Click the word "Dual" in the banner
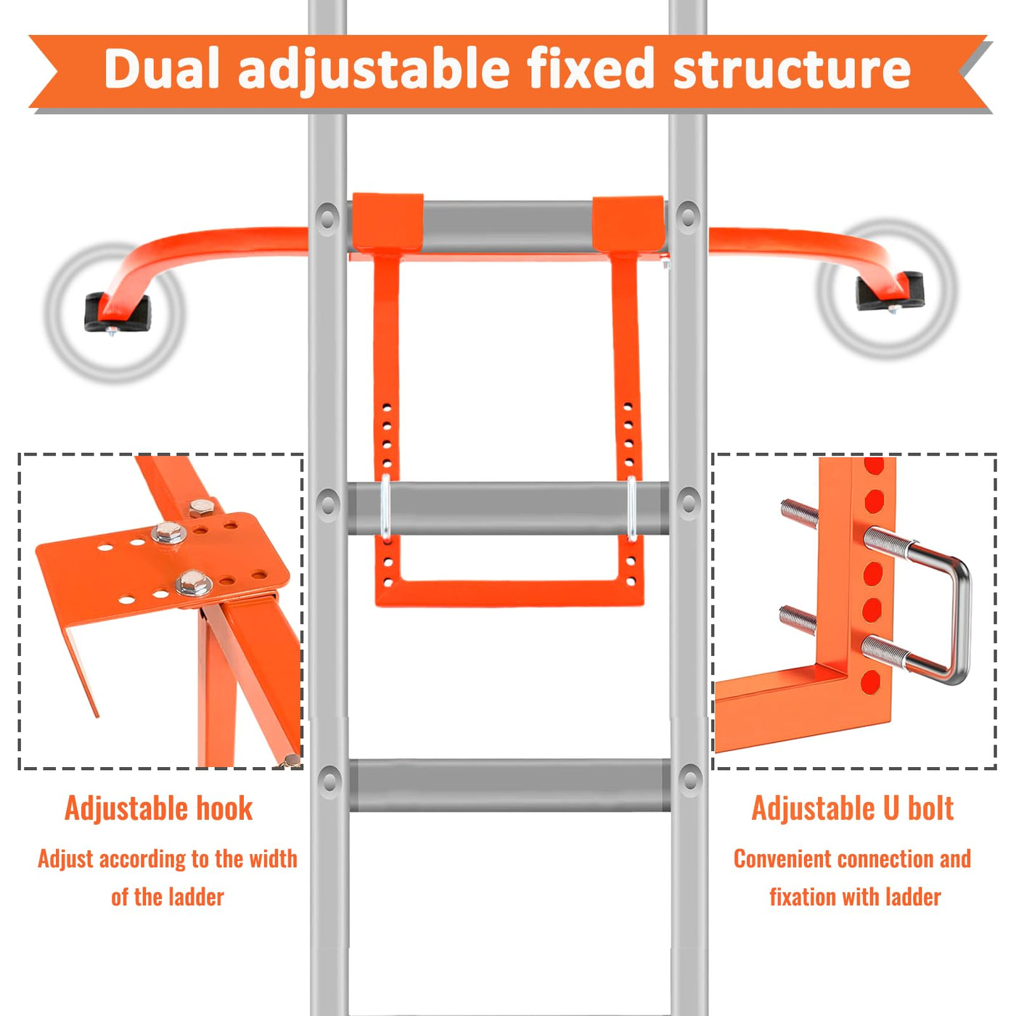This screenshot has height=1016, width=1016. point(161,68)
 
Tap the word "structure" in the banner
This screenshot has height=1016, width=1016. point(792,68)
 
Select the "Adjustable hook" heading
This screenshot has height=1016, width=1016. point(159,809)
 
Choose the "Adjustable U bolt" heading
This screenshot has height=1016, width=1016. point(853,808)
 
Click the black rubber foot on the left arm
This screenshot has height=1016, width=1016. point(117,314)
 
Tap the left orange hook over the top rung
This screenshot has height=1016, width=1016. point(388,223)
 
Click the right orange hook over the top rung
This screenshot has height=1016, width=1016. point(628,224)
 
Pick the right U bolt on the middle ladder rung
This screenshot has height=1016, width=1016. point(631,508)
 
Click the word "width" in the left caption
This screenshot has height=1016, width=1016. point(273,874)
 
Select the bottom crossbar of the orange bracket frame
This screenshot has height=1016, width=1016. point(509,593)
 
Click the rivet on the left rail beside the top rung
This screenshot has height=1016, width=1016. point(327,216)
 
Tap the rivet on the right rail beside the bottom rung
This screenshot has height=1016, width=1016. point(689,779)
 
